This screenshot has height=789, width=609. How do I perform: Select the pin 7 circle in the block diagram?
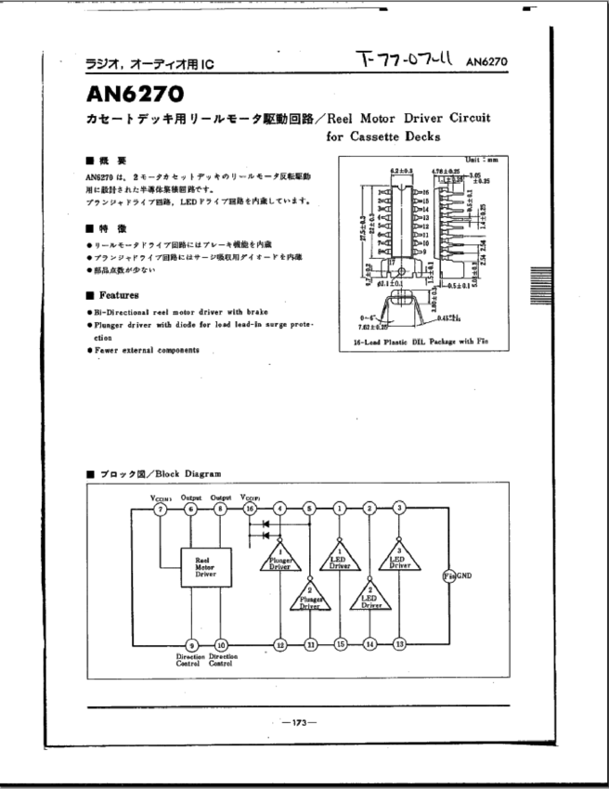[x=162, y=508]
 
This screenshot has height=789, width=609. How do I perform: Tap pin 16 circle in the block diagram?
[x=249, y=508]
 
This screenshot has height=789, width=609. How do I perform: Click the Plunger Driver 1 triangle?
[x=279, y=558]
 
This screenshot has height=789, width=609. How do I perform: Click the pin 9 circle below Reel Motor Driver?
[x=191, y=644]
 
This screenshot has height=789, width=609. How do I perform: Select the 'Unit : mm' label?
[x=487, y=161]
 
